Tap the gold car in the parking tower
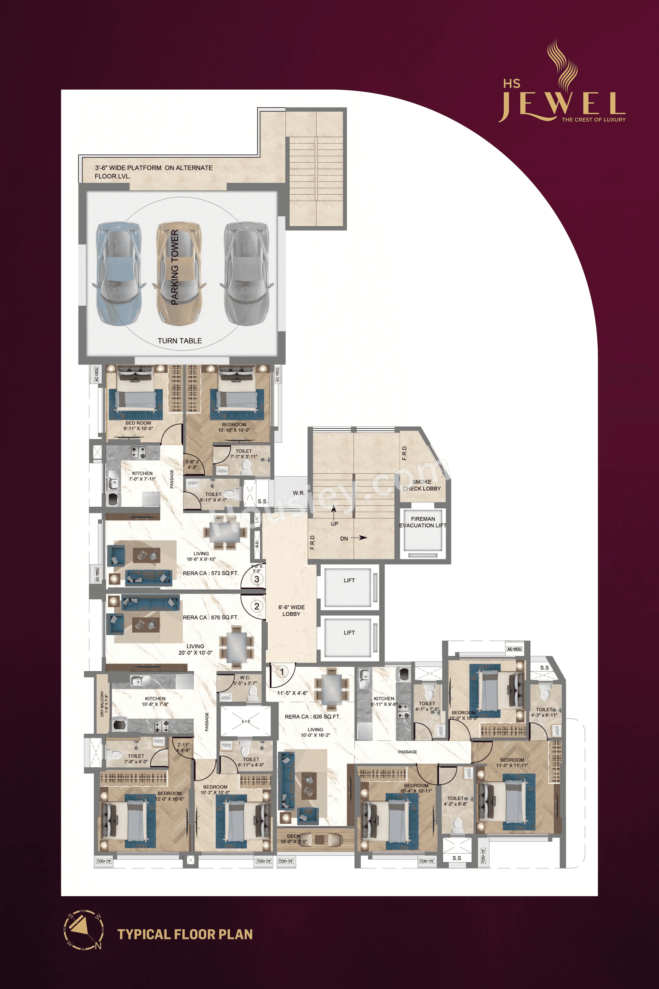point(179,273)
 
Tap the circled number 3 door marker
point(257,579)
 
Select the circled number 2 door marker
point(257,606)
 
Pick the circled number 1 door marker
point(282,672)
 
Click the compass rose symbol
point(83,930)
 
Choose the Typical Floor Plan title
point(185,934)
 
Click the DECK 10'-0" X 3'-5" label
point(294,839)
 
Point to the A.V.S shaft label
point(246,721)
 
